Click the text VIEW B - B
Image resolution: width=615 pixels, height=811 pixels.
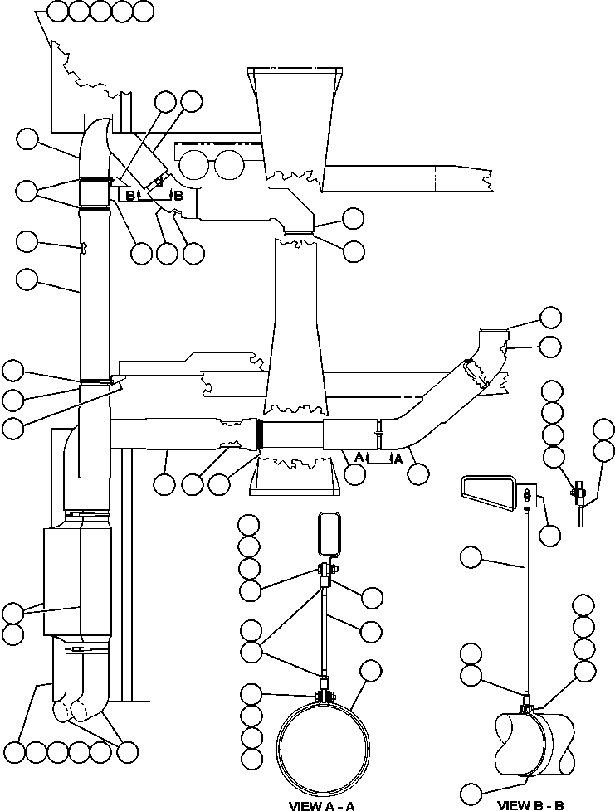pyautogui.click(x=530, y=804)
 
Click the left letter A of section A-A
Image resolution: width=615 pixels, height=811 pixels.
pyautogui.click(x=358, y=457)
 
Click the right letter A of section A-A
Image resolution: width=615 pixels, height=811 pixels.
pyautogui.click(x=398, y=457)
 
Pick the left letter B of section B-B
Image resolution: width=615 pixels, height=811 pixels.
pyautogui.click(x=129, y=196)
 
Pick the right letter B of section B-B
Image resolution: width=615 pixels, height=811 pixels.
pyautogui.click(x=178, y=196)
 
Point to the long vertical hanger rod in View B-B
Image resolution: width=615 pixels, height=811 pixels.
pyautogui.click(x=526, y=597)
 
